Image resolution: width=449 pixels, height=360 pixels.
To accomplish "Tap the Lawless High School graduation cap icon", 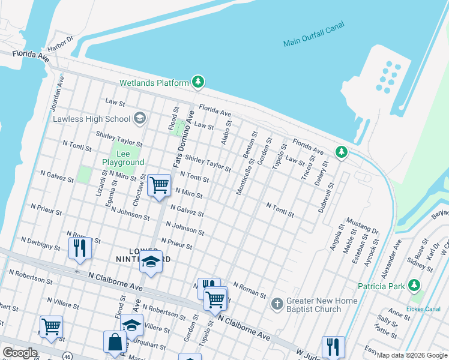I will [x=140, y=118].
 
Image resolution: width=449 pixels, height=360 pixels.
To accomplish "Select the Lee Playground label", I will [x=123, y=158].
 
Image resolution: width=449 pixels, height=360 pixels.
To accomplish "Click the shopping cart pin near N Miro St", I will [x=159, y=185].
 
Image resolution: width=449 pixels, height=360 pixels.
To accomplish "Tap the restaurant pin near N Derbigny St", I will [x=80, y=247].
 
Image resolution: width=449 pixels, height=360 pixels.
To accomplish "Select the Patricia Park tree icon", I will [x=414, y=286].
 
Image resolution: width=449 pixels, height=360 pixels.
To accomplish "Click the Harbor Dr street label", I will [x=60, y=43].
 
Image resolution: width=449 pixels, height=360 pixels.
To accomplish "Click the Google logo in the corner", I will [x=20, y=353].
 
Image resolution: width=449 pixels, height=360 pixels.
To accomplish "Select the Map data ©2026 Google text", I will [x=412, y=355].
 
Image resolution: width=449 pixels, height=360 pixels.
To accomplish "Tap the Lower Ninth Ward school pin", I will [x=151, y=262].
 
